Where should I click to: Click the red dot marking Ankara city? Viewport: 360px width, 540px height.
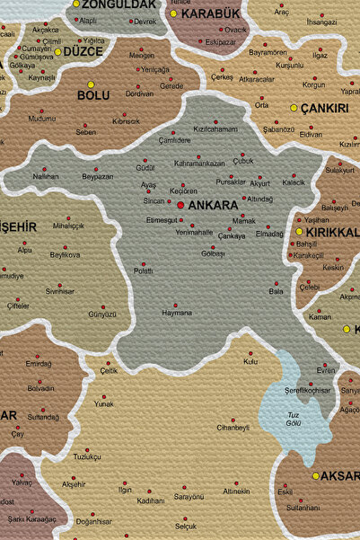pyautogui.click(x=180, y=206)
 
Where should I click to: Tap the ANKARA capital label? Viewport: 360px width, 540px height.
pyautogui.click(x=212, y=206)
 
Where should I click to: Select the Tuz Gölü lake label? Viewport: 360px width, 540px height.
pyautogui.click(x=294, y=418)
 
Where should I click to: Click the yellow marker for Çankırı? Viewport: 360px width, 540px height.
pyautogui.click(x=294, y=108)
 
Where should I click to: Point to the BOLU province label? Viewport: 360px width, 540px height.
pyautogui.click(x=93, y=95)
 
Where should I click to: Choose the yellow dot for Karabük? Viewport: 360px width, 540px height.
pyautogui.click(x=173, y=13)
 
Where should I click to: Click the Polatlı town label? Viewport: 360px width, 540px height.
pyautogui.click(x=143, y=270)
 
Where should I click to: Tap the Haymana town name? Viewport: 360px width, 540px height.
pyautogui.click(x=176, y=313)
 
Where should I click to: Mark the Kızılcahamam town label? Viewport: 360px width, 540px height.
pyautogui.click(x=215, y=128)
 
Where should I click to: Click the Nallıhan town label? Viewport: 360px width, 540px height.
pyautogui.click(x=46, y=176)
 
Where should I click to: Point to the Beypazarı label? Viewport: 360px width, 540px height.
pyautogui.click(x=97, y=176)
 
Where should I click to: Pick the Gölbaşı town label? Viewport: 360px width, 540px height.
pyautogui.click(x=213, y=253)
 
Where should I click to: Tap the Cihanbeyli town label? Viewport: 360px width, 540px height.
pyautogui.click(x=233, y=428)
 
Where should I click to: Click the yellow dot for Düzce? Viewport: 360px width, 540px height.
pyautogui.click(x=58, y=52)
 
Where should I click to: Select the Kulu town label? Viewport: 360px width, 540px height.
pyautogui.click(x=250, y=361)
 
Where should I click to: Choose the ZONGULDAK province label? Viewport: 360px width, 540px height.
pyautogui.click(x=119, y=4)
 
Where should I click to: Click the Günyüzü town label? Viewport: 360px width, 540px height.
pyautogui.click(x=102, y=314)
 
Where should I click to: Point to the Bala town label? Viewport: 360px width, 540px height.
pyautogui.click(x=276, y=291)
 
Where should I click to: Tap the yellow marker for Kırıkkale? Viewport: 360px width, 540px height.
pyautogui.click(x=299, y=232)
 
